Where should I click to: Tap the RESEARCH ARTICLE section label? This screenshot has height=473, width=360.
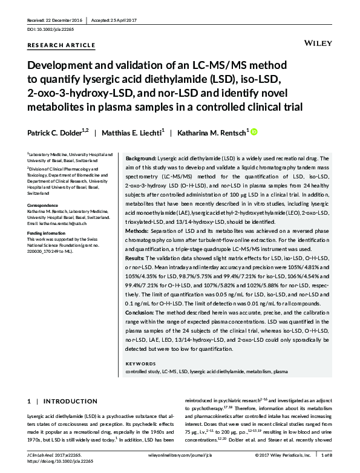pyautogui.click(x=61, y=45)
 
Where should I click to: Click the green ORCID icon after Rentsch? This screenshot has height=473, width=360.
pyautogui.click(x=254, y=131)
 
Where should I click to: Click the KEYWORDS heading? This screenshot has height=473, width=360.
pyautogui.click(x=140, y=364)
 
